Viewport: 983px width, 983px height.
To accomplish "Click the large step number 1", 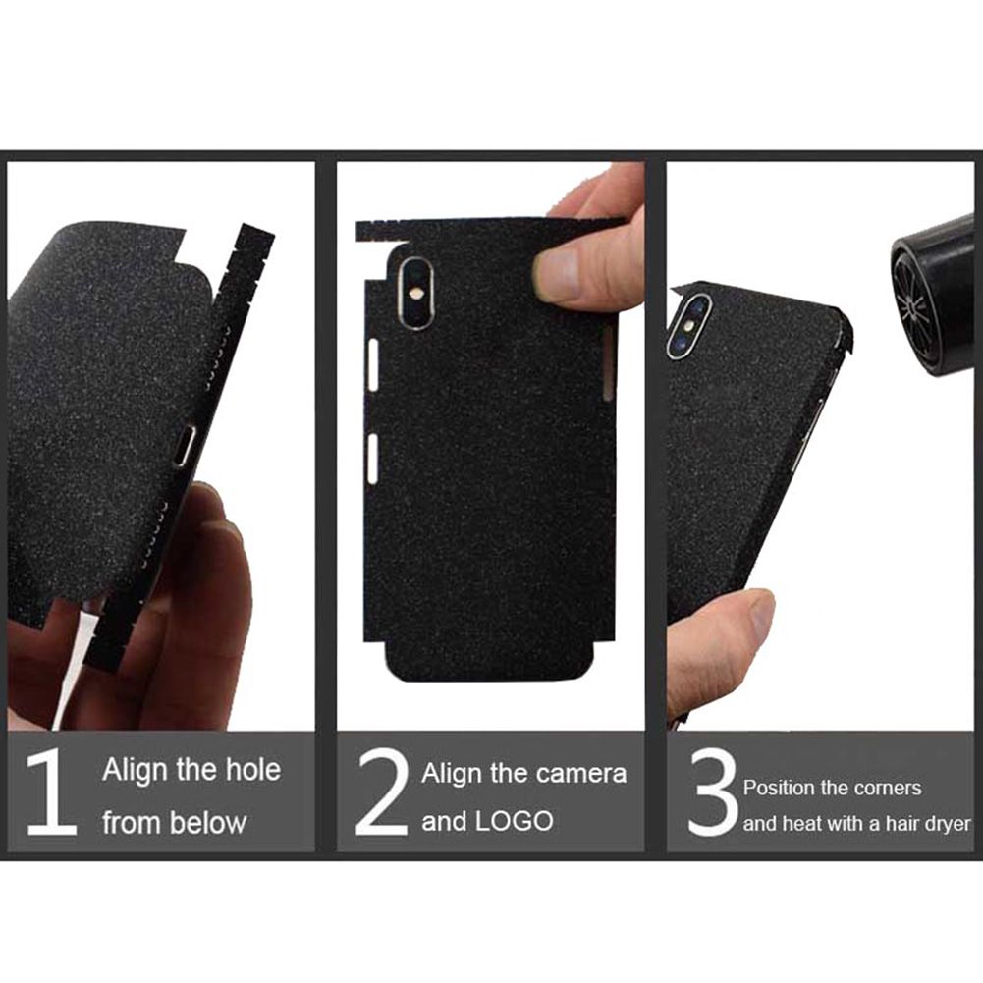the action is [x=51, y=793].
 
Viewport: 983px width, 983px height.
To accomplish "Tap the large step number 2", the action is [x=382, y=793].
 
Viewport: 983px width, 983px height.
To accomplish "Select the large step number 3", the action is [x=713, y=793].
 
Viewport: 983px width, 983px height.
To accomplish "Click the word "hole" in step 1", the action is [x=252, y=769].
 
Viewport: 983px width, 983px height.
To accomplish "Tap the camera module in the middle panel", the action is [x=416, y=292].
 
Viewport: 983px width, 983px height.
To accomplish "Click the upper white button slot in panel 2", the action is [x=373, y=365].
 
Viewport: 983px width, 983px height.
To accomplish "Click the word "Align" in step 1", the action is [x=135, y=771].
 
